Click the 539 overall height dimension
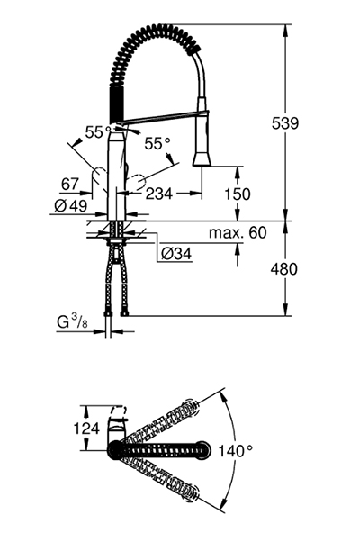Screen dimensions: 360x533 point(285,123)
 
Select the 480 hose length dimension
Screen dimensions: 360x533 point(283,269)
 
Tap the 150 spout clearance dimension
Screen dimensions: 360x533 point(238,194)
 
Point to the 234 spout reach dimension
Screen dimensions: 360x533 point(159,194)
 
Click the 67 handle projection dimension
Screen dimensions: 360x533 point(69,185)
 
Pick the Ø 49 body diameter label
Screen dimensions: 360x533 point(71,205)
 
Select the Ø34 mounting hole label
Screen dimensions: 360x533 point(176,254)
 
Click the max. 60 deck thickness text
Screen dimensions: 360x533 point(238,232)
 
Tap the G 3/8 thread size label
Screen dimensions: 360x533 point(72,321)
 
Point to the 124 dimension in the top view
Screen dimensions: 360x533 point(86,429)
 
